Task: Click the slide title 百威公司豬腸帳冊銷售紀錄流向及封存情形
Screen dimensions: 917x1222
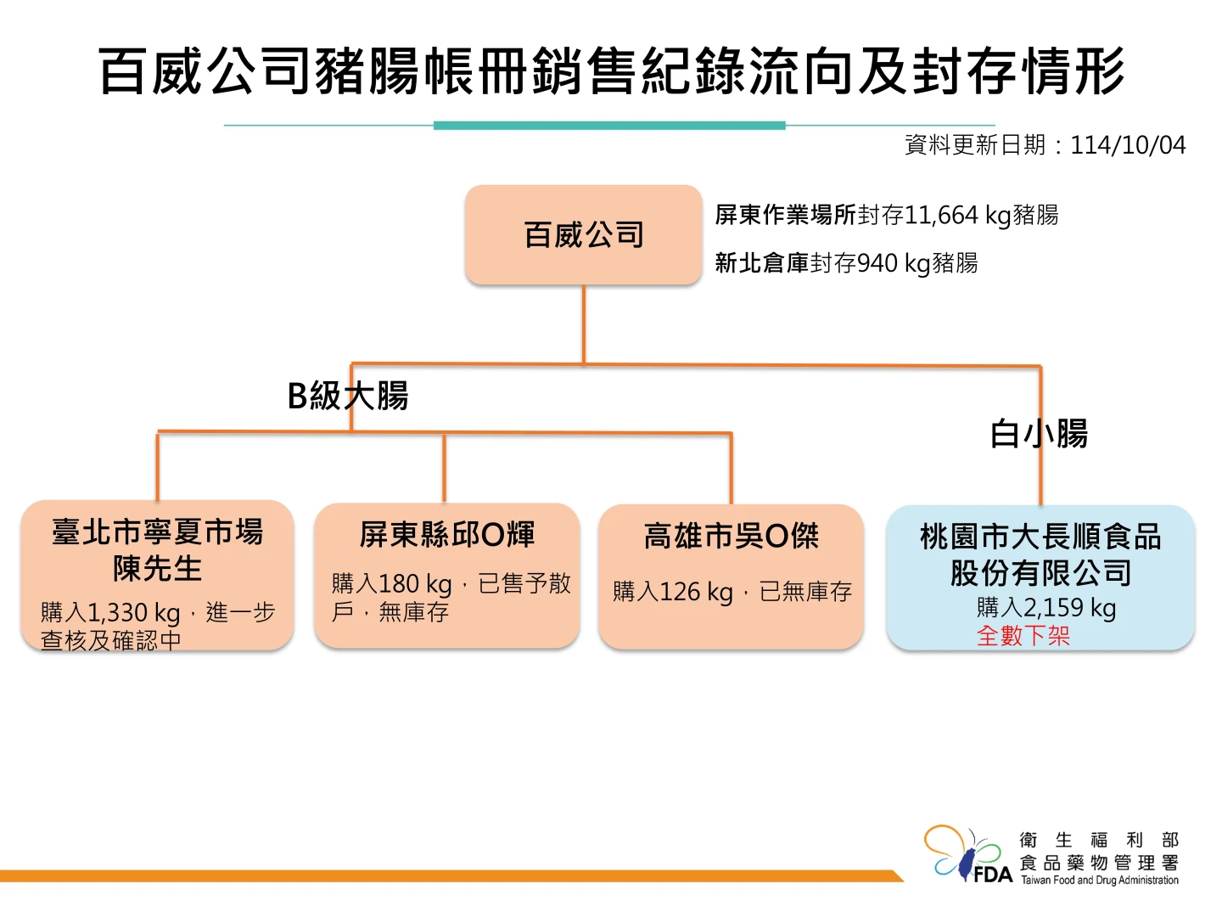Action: point(611,71)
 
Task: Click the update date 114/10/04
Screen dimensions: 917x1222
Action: point(1128,145)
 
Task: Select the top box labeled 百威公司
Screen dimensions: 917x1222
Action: point(584,235)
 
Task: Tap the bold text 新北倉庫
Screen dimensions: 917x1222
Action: point(761,263)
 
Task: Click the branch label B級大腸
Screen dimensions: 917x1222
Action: point(348,396)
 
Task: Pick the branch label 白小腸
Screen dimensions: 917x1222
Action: point(1039,434)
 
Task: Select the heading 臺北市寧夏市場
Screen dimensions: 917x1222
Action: point(158,532)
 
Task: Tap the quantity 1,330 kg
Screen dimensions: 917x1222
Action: point(134,612)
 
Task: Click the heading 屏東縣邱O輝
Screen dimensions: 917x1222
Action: point(446,535)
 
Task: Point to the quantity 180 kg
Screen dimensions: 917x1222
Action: point(415,584)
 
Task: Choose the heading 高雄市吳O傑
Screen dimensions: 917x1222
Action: point(731,537)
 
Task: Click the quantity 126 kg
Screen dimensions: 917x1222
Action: point(696,592)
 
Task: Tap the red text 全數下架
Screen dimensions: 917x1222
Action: point(1023,635)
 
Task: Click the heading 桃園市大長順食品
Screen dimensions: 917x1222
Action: point(1040,537)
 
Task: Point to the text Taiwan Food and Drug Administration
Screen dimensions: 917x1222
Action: point(1099,880)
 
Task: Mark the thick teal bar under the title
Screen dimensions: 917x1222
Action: point(609,126)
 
